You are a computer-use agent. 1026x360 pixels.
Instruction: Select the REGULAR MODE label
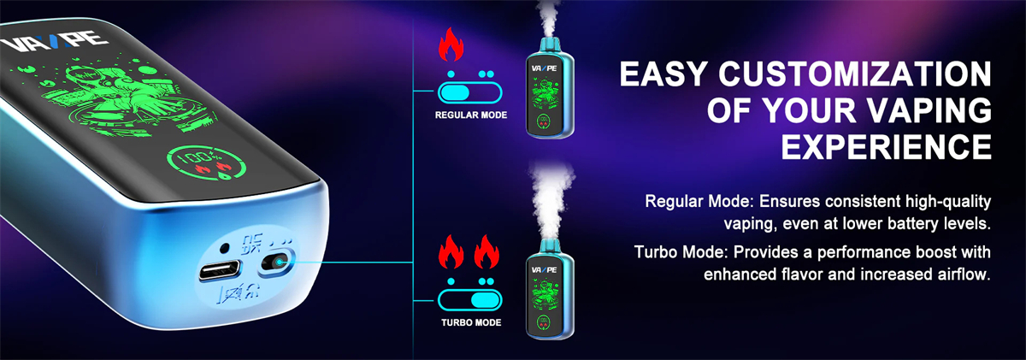pos(471,115)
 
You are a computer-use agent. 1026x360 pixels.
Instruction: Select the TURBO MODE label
pos(471,323)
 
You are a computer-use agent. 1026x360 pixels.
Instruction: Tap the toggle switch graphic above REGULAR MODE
pos(469,91)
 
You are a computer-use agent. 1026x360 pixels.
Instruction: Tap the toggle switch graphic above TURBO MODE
pos(469,299)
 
